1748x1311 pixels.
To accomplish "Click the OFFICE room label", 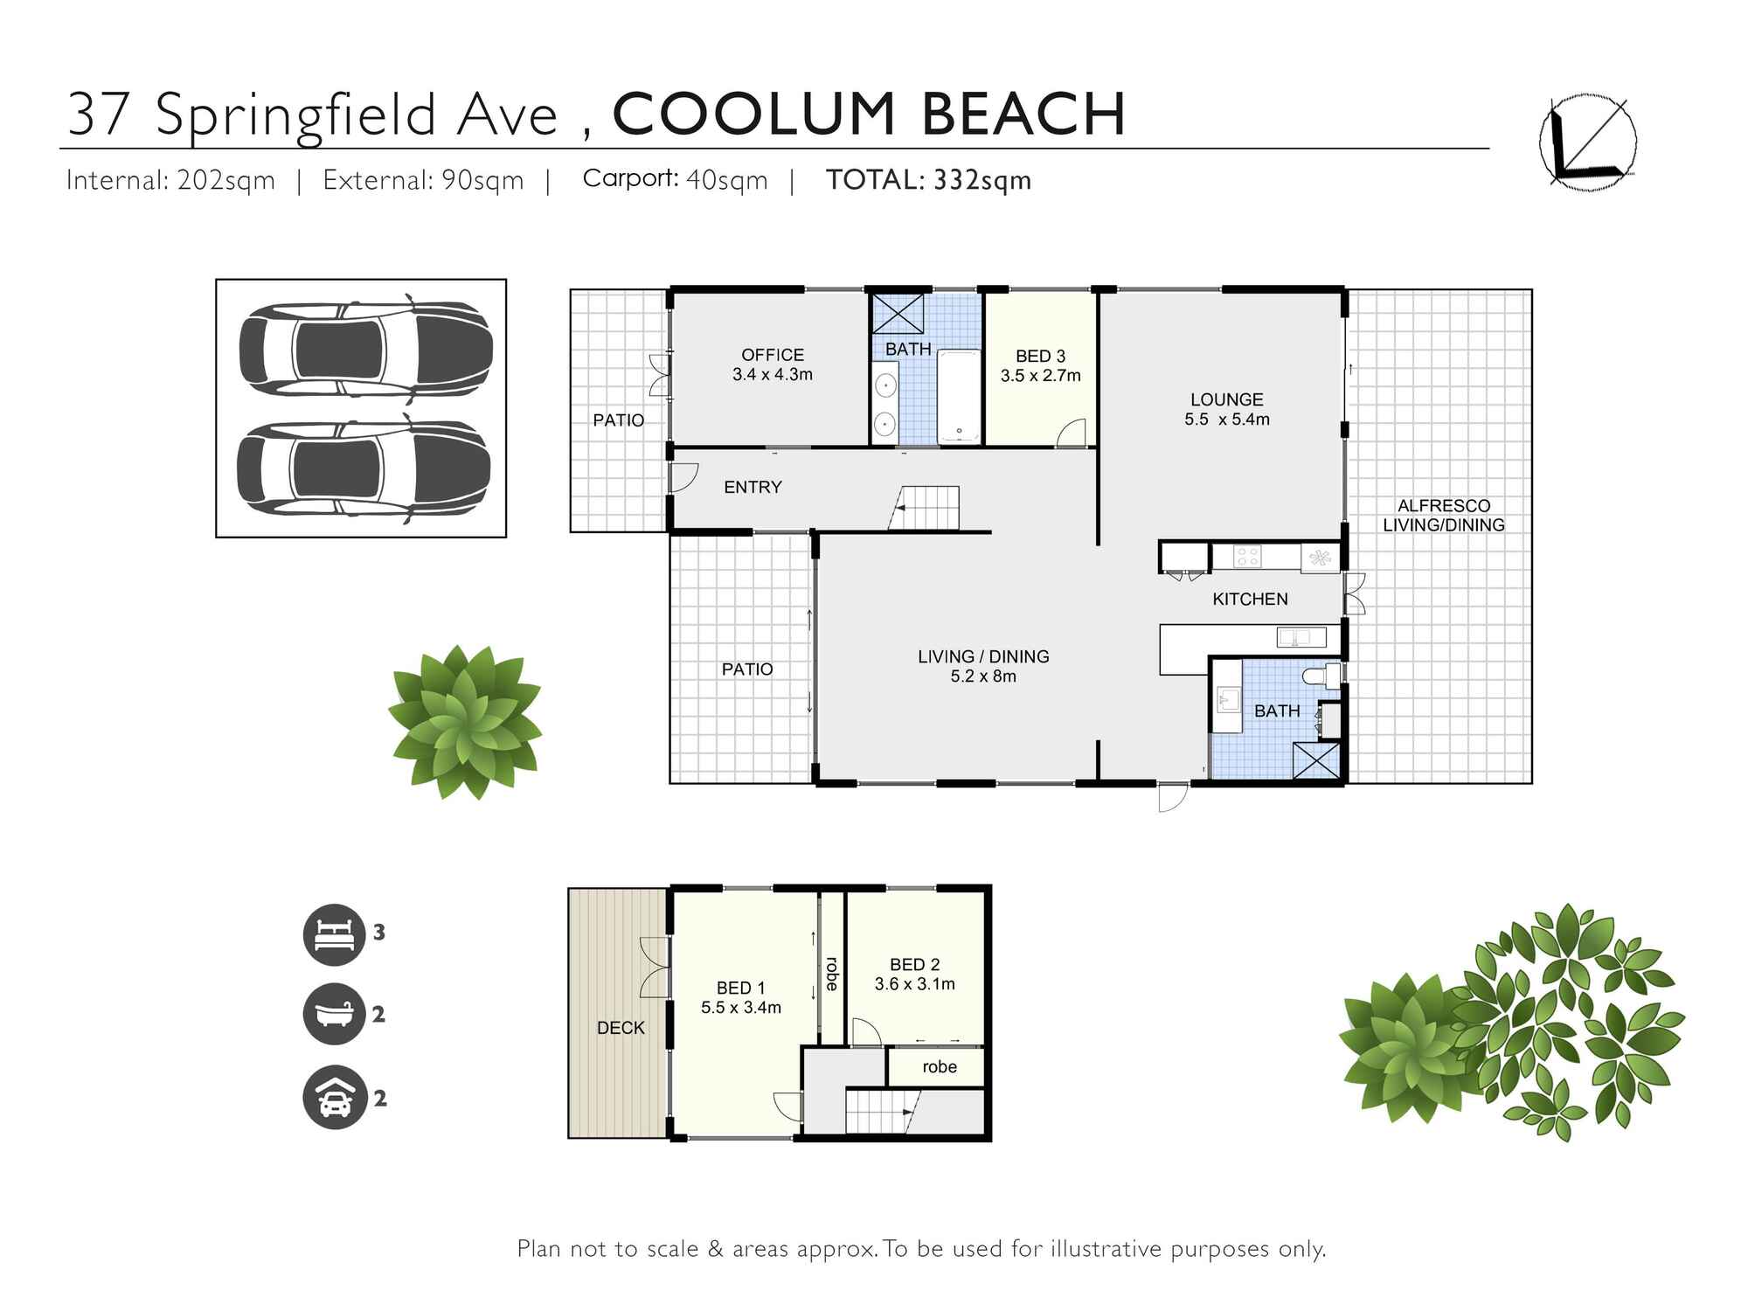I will point(772,355).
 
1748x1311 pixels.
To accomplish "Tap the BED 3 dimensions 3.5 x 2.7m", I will point(1040,376).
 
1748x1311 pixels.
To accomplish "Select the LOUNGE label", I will point(1226,399).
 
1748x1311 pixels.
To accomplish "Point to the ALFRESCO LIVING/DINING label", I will point(1443,516).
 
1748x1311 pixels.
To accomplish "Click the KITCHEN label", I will point(1250,599).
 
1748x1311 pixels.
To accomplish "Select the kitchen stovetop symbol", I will point(1246,555).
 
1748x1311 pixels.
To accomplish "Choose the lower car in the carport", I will point(364,469).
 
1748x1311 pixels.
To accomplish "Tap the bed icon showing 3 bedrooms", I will point(334,934).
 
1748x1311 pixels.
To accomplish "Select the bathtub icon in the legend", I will point(334,1014).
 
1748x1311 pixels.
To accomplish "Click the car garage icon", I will point(334,1098).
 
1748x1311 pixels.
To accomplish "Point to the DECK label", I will point(621,1028).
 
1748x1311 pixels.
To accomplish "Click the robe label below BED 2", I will point(939,1066).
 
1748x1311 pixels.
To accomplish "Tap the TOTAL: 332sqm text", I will point(928,180).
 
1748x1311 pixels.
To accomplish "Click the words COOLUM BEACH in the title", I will point(869,114).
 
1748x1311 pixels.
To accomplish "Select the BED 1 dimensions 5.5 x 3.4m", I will point(740,1008).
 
